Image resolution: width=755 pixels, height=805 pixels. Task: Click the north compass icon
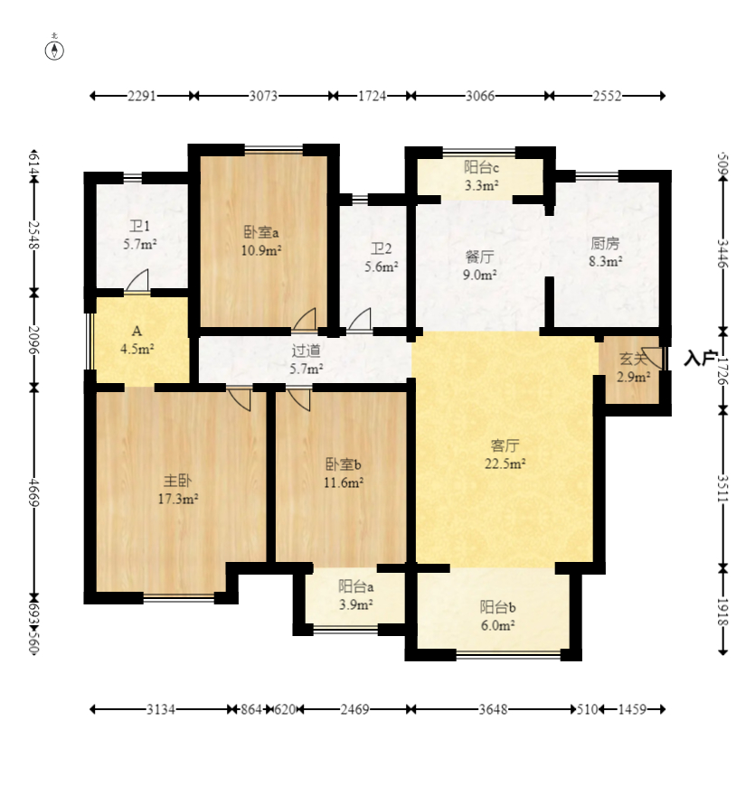pyautogui.click(x=54, y=50)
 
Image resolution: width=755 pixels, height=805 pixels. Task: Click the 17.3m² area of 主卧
pyautogui.click(x=178, y=499)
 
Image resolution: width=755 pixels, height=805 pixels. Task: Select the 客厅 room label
pyautogui.click(x=505, y=445)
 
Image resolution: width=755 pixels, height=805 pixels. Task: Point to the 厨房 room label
pyautogui.click(x=605, y=243)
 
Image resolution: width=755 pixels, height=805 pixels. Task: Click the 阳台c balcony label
pyautogui.click(x=481, y=167)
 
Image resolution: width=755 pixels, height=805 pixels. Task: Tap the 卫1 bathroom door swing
pyautogui.click(x=137, y=281)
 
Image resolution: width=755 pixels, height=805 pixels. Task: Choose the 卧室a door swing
pyautogui.click(x=305, y=320)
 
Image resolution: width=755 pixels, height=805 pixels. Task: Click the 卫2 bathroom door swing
pyautogui.click(x=359, y=320)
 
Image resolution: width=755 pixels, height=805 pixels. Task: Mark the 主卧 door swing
pyautogui.click(x=240, y=399)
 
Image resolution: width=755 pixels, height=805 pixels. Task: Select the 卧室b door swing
pyautogui.click(x=299, y=399)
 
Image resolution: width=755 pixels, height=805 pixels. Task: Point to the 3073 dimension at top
pyautogui.click(x=263, y=96)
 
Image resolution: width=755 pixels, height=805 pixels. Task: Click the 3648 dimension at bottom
pyautogui.click(x=493, y=709)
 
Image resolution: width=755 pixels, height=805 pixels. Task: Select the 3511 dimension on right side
pyautogui.click(x=723, y=488)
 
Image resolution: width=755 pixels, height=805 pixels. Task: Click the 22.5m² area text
pyautogui.click(x=505, y=463)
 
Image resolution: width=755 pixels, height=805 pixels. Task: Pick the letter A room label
pyautogui.click(x=137, y=331)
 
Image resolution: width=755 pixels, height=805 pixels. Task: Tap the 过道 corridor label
pyautogui.click(x=307, y=351)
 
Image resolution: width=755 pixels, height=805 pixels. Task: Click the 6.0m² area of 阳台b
pyautogui.click(x=498, y=625)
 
